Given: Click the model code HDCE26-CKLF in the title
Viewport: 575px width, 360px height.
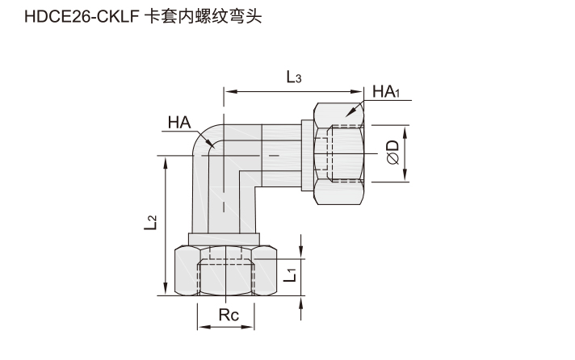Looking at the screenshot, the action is (x=82, y=17).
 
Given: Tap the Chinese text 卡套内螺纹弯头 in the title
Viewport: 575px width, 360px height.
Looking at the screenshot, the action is (x=204, y=17).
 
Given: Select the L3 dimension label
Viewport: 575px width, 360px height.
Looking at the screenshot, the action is (x=294, y=77).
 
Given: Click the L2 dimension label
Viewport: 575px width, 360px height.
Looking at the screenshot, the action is (x=150, y=223).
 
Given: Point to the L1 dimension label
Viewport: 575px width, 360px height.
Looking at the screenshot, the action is (x=290, y=275).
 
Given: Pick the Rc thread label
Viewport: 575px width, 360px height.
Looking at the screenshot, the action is (x=229, y=315).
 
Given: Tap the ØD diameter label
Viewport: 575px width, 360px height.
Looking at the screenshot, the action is (x=392, y=152).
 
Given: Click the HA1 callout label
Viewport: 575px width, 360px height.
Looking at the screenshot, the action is (x=386, y=91).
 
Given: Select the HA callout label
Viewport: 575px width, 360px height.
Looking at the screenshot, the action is (x=179, y=123).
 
